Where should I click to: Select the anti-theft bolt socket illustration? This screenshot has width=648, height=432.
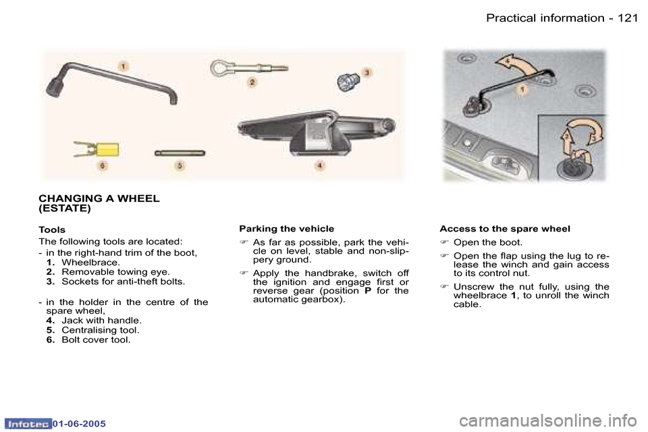347,82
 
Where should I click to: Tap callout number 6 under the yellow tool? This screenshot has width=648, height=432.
101,165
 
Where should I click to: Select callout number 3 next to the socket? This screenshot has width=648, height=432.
367,72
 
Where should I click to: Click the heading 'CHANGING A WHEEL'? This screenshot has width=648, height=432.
99,198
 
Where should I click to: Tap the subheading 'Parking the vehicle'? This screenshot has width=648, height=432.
286,229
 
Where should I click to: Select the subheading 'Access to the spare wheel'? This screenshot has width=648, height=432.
505,229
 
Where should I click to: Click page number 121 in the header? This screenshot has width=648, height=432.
627,18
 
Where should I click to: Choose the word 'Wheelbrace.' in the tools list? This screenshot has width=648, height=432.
90,262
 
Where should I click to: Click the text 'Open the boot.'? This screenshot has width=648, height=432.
488,242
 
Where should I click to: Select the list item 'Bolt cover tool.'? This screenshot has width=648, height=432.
96,340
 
